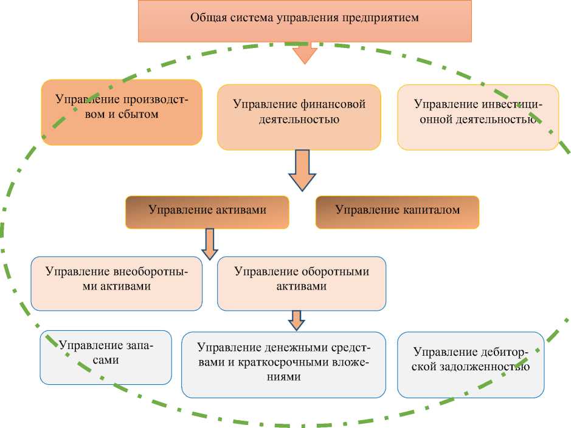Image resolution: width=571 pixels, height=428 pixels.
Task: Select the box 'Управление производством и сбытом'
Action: coord(122,112)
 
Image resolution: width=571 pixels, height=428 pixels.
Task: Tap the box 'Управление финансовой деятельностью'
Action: coord(299,117)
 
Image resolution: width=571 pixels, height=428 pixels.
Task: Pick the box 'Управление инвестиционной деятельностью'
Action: coord(478,117)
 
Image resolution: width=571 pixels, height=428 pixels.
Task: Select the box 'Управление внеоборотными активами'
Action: coord(116,284)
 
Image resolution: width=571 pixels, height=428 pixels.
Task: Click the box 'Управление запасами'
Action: coord(106,358)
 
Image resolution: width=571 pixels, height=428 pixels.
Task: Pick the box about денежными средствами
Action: coord(283,364)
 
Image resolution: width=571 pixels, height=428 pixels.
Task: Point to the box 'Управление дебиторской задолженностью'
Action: coord(471,364)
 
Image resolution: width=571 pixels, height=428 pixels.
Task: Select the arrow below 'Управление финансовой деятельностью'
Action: coord(302,171)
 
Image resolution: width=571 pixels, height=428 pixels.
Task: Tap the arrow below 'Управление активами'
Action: coord(210,243)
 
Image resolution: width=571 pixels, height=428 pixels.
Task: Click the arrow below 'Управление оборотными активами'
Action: coord(296,320)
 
